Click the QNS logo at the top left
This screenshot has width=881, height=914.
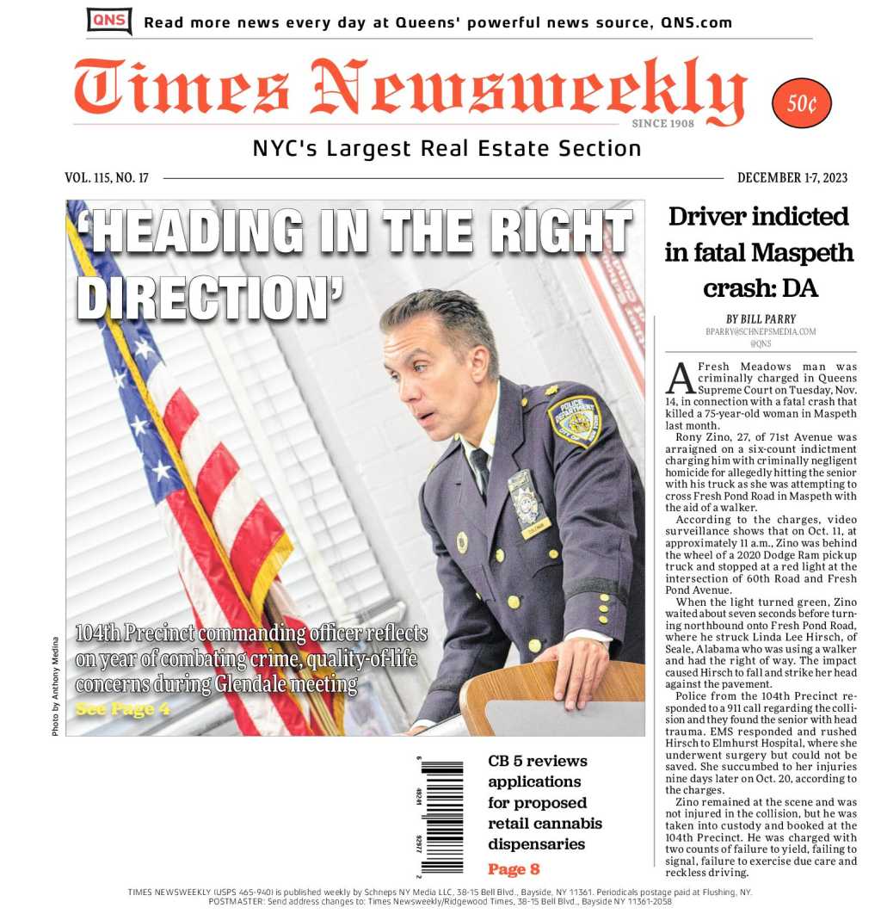tap(109, 21)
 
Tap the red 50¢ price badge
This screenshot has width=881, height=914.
tap(802, 103)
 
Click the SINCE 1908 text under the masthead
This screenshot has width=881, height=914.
tap(662, 123)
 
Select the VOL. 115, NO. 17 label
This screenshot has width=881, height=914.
tap(107, 178)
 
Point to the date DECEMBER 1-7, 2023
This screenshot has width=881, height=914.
tap(792, 178)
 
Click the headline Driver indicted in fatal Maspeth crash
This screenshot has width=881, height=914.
tap(759, 252)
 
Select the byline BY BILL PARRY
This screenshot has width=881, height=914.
tap(760, 318)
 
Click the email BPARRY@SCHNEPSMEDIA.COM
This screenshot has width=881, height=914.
tap(760, 331)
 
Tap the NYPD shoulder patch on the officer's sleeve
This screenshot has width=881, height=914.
tap(574, 421)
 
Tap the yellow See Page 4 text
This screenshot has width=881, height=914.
tap(123, 709)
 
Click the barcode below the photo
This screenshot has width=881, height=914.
tap(441, 816)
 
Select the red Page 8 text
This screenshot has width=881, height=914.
tap(514, 868)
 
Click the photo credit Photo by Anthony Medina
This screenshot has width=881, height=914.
tap(56, 686)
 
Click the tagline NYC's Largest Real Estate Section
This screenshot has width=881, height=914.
tap(447, 149)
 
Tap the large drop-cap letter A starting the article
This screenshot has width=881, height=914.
tap(680, 377)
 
